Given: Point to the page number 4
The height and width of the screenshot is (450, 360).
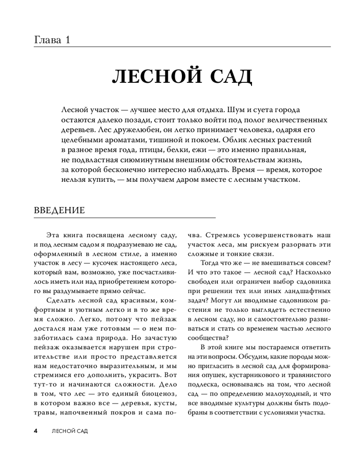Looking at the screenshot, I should tap(36, 431).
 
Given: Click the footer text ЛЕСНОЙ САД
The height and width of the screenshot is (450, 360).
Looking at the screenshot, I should tap(69, 431).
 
